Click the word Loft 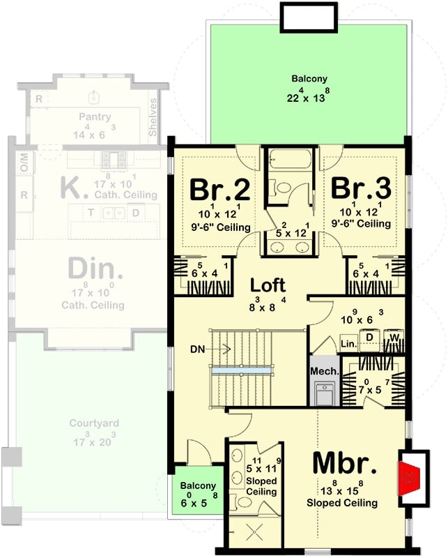coord(268,285)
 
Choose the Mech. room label coord(323,372)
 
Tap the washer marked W coord(394,338)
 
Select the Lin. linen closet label coord(348,344)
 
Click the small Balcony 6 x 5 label coord(199,485)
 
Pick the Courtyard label coord(93,423)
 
